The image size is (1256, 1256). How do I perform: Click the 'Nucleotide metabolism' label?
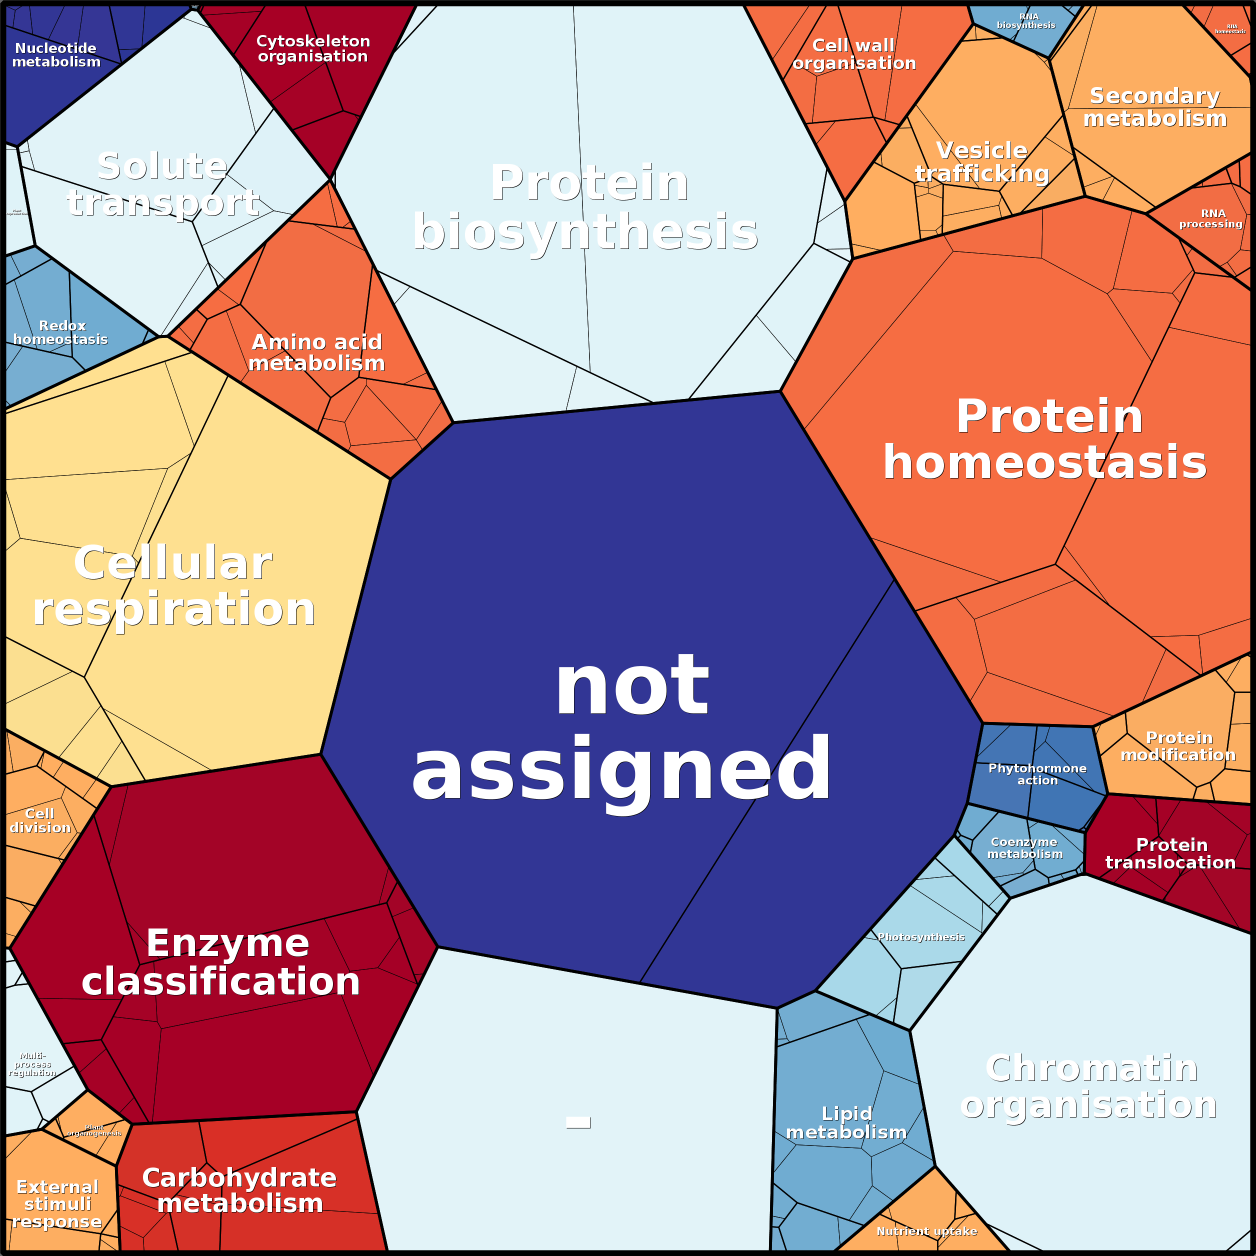click(x=56, y=55)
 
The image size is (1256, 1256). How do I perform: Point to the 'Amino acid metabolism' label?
click(x=316, y=352)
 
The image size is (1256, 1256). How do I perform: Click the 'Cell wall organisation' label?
click(x=853, y=54)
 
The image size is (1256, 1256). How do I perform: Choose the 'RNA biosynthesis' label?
click(x=1026, y=21)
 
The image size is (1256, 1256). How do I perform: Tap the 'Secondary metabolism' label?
click(x=1154, y=107)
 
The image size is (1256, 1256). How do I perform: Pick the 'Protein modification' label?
click(x=1178, y=746)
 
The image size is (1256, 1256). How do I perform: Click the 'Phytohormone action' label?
click(x=1037, y=774)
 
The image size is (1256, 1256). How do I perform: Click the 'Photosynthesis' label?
click(x=921, y=937)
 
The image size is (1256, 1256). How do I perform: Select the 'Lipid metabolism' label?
click(x=846, y=1122)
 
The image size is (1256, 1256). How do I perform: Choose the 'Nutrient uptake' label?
click(x=926, y=1231)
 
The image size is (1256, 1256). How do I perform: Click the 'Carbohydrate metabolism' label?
click(x=239, y=1190)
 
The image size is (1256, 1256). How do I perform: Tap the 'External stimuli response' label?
click(x=57, y=1204)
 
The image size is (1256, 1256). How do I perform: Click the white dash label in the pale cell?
click(x=578, y=1122)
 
